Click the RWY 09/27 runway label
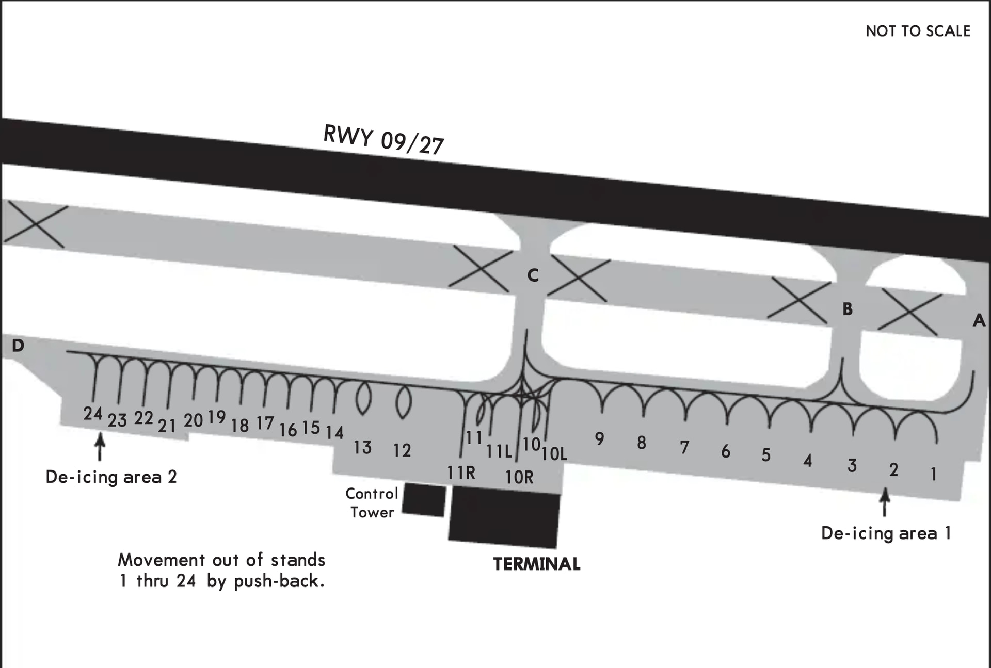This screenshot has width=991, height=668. (383, 139)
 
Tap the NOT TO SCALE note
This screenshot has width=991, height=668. (918, 31)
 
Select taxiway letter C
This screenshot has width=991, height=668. (533, 275)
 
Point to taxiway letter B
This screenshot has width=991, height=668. (847, 309)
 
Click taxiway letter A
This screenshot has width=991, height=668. (979, 321)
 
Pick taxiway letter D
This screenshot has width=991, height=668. (18, 346)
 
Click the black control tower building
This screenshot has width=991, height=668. (423, 499)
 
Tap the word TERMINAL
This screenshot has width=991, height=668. (536, 564)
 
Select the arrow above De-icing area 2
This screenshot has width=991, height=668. (100, 446)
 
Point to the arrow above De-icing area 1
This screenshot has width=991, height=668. (885, 502)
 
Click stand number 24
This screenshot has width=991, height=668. (93, 413)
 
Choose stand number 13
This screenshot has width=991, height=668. (362, 447)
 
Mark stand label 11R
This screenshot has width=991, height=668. (461, 473)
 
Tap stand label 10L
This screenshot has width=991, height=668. (554, 453)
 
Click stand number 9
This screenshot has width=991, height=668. (599, 438)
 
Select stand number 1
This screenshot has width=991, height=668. (933, 474)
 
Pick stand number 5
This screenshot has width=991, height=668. (766, 455)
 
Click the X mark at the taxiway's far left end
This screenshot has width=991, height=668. (35, 224)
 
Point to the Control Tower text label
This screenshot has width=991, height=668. (372, 503)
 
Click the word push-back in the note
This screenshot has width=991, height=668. (279, 581)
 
